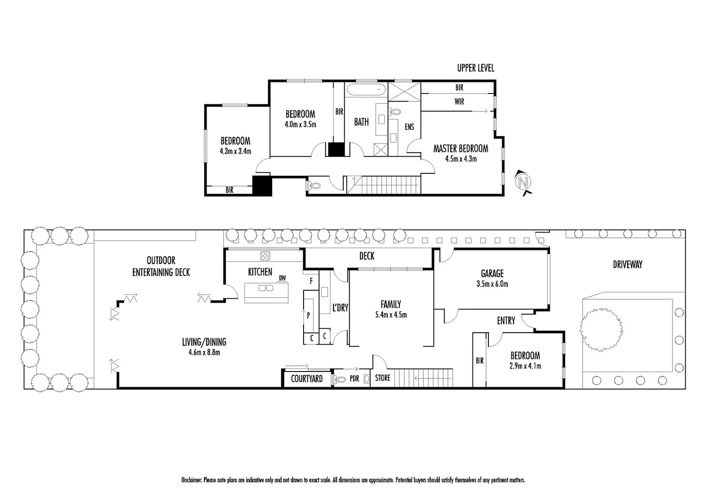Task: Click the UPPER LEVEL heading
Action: [x=475, y=68]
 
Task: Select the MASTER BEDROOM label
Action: [x=460, y=148]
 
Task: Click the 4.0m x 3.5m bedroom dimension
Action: [x=300, y=124]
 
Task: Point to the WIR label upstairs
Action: [x=459, y=102]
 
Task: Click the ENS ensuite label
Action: [x=409, y=127]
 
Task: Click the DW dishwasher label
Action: [x=282, y=278]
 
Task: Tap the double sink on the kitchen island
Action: [x=266, y=288]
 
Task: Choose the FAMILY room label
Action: [x=390, y=304]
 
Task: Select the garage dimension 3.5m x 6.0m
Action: [x=492, y=284]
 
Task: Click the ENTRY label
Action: [x=506, y=320]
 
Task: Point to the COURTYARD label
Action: [x=307, y=379]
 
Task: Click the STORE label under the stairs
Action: [x=383, y=378]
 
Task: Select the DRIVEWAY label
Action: [x=627, y=264]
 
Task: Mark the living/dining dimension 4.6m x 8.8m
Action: [x=204, y=353]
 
